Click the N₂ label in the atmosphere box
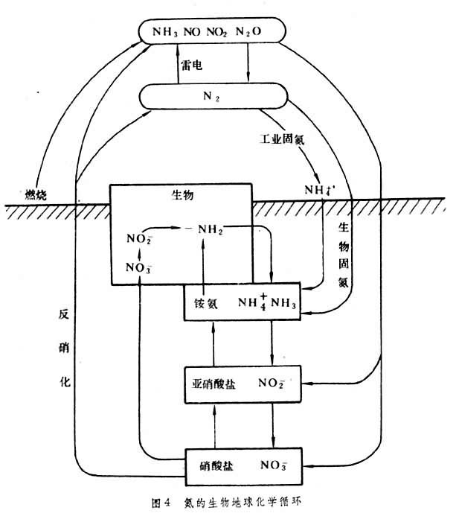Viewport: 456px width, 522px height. point(211,97)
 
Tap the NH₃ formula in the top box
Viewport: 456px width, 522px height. point(166,33)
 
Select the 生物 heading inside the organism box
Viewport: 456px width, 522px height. point(182,196)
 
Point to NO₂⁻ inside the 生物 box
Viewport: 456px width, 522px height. point(139,240)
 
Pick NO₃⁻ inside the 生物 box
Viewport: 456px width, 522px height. point(138,268)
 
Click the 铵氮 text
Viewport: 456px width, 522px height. point(205,303)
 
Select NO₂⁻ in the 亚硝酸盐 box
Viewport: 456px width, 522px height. point(272,384)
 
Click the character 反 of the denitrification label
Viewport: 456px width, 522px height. point(65,314)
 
